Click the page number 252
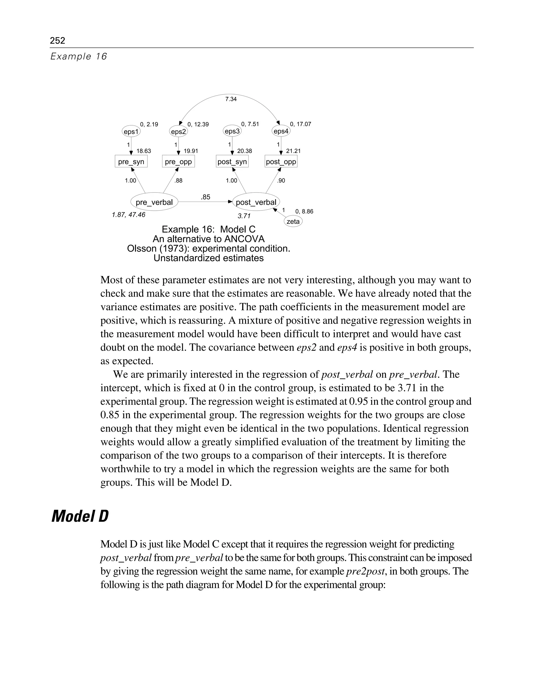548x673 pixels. (x=58, y=40)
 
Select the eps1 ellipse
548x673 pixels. (x=131, y=131)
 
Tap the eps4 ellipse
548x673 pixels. (x=281, y=131)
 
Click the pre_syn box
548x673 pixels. (x=131, y=162)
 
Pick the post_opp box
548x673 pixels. (x=281, y=162)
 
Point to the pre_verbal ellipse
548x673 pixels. (x=154, y=202)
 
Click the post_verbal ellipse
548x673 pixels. (x=256, y=202)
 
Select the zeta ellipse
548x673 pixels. (x=293, y=221)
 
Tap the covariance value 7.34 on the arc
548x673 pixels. (x=231, y=99)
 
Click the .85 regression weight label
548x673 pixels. (x=205, y=197)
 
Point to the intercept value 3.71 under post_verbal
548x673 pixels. (x=244, y=216)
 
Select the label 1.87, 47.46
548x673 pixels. (x=128, y=215)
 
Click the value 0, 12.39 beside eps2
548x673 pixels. (x=198, y=124)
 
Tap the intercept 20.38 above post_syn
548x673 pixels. (x=245, y=151)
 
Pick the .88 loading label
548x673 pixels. (x=179, y=181)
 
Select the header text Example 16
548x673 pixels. (x=79, y=56)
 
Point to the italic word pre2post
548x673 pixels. (x=365, y=571)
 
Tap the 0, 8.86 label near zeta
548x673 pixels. (x=304, y=211)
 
